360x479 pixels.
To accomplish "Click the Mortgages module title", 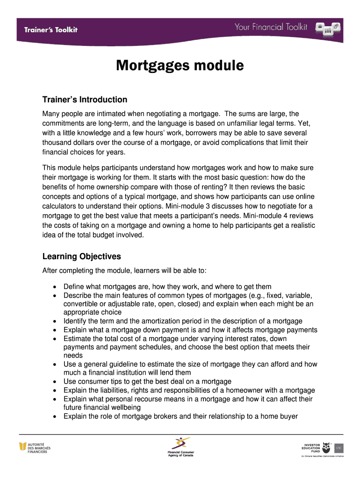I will pyautogui.click(x=180, y=66).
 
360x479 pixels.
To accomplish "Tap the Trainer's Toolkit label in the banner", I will pyautogui.click(x=51, y=29).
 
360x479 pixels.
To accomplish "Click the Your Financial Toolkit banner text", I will pyautogui.click(x=271, y=27).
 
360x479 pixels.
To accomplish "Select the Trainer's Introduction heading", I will pyautogui.click(x=85, y=100).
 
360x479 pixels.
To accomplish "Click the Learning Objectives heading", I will pyautogui.click(x=81, y=256).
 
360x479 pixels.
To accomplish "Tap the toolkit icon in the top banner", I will pyautogui.click(x=328, y=28).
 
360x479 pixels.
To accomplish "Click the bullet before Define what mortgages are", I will pyautogui.click(x=56, y=287).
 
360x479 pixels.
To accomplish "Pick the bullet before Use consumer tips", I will pyautogui.click(x=56, y=382).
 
